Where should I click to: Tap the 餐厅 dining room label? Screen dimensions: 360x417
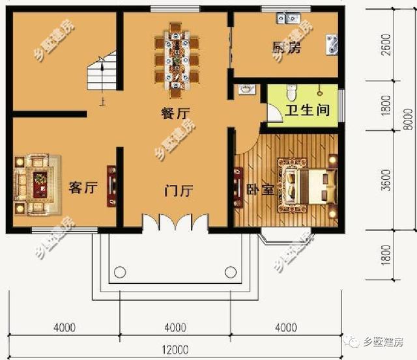175,113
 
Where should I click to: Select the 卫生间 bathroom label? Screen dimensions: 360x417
304,110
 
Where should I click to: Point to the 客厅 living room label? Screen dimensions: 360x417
83,188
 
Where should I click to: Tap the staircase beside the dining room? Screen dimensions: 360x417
100,74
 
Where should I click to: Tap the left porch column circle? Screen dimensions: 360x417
121,272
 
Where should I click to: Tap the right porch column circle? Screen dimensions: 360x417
229,272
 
